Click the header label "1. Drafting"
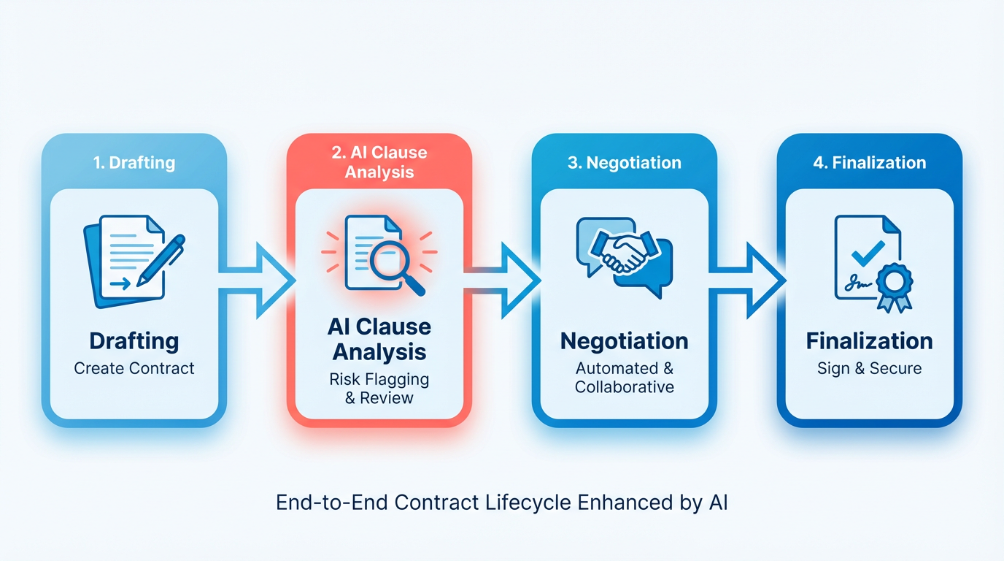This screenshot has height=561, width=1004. pyautogui.click(x=134, y=162)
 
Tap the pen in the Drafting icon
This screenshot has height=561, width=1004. pyautogui.click(x=161, y=259)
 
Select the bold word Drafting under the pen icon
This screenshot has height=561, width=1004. pyautogui.click(x=134, y=341)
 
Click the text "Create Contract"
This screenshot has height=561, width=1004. pyautogui.click(x=134, y=367)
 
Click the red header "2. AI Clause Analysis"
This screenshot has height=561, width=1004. pyautogui.click(x=379, y=162)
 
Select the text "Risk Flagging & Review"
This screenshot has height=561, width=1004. pyautogui.click(x=379, y=389)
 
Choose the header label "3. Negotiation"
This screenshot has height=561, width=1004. pyautogui.click(x=625, y=162)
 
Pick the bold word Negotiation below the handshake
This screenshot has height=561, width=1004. pyautogui.click(x=625, y=341)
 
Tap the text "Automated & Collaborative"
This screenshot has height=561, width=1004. pyautogui.click(x=625, y=377)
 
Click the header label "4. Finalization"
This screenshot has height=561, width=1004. pyautogui.click(x=870, y=162)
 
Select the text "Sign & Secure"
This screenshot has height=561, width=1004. pyautogui.click(x=870, y=367)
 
